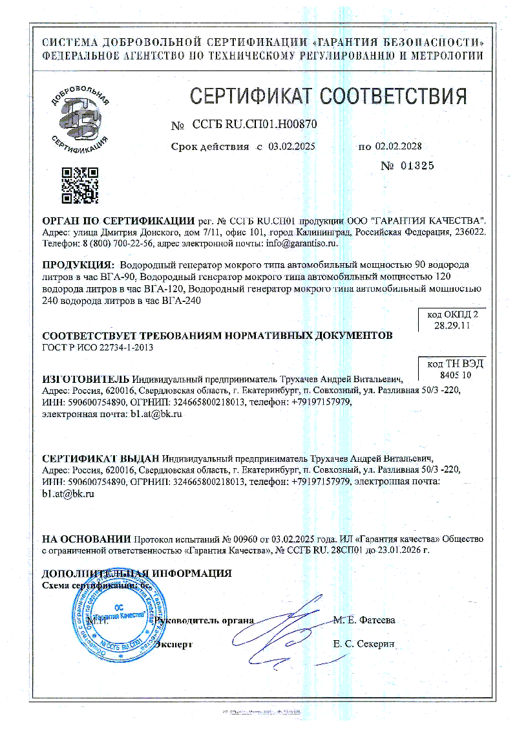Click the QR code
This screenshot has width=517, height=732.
[79, 186]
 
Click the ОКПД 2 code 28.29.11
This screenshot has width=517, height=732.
[452, 327]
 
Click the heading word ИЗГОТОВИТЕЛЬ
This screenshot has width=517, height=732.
[85, 379]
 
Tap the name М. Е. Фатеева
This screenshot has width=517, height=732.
[364, 620]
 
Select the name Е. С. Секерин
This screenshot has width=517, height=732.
[364, 644]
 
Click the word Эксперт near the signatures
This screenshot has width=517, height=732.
[174, 644]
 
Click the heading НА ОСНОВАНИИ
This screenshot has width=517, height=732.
[85, 539]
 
